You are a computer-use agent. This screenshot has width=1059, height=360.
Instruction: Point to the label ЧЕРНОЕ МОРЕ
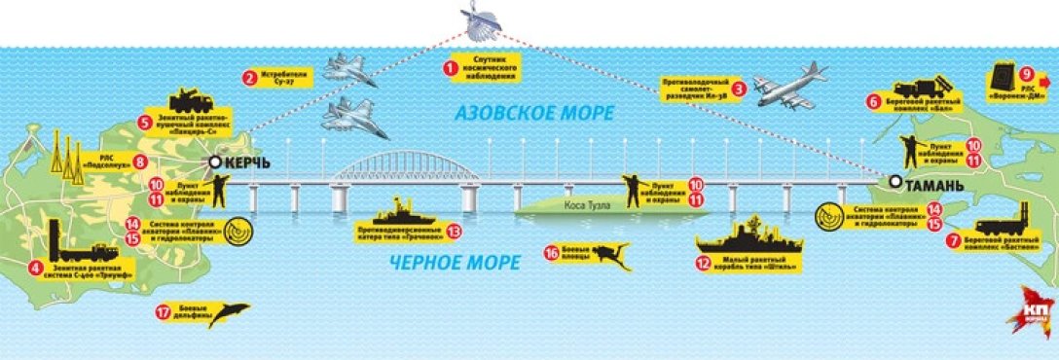click(455, 260)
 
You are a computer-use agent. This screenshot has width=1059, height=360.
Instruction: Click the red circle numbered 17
click(163, 312)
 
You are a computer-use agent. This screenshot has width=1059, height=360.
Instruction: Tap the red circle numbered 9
click(1026, 73)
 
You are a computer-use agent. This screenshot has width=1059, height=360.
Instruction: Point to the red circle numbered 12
click(702, 261)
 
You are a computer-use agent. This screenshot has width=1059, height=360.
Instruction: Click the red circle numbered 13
click(451, 232)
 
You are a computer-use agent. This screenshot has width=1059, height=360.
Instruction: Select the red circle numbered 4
click(36, 268)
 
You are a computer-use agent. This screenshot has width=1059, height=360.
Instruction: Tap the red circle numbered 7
click(953, 238)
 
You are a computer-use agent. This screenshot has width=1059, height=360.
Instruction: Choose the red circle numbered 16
click(551, 252)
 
